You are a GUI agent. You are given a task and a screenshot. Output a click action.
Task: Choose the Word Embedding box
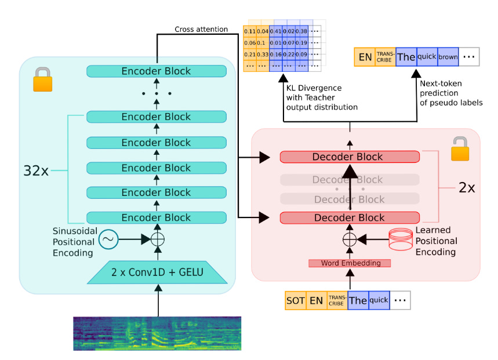[349, 263]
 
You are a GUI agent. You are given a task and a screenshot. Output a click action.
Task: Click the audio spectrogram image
[157, 333]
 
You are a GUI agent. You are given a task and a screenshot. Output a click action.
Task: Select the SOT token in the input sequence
[295, 300]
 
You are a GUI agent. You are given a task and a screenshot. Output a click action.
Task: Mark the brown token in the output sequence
[447, 57]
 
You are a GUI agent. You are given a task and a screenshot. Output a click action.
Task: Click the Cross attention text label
[201, 30]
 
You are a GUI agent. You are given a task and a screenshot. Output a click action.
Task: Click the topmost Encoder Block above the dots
[156, 71]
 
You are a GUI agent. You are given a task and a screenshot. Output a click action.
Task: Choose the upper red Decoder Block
[349, 157]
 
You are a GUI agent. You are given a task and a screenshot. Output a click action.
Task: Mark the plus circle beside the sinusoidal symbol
[157, 239]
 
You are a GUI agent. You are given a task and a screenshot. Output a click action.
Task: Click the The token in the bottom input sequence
[358, 300]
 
